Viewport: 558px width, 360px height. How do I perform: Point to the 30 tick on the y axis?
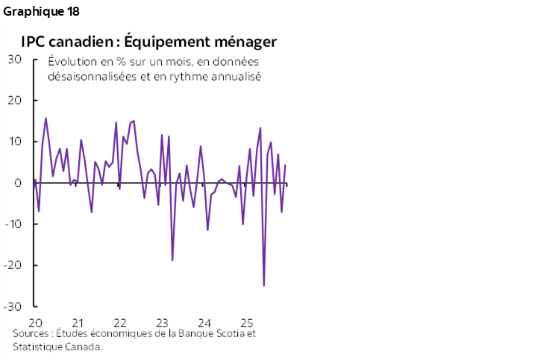coord(15,59)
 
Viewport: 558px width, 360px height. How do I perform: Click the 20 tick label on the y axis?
coord(15,101)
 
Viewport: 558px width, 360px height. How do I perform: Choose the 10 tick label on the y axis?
coord(15,142)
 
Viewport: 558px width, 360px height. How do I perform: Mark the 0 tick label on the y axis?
coord(18,183)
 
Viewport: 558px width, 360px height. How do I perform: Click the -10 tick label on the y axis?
coord(13,224)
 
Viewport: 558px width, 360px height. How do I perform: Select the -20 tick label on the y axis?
coord(13,265)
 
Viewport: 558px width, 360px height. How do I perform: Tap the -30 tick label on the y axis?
coord(13,306)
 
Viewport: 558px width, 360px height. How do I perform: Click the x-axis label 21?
coord(76,323)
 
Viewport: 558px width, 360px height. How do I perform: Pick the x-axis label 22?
coord(119,323)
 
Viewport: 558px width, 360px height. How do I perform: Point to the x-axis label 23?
coord(161,323)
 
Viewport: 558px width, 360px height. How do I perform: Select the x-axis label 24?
coord(204,323)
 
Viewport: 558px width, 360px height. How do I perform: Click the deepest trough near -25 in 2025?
coord(264,285)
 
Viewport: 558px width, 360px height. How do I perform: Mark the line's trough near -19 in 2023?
coord(172,259)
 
